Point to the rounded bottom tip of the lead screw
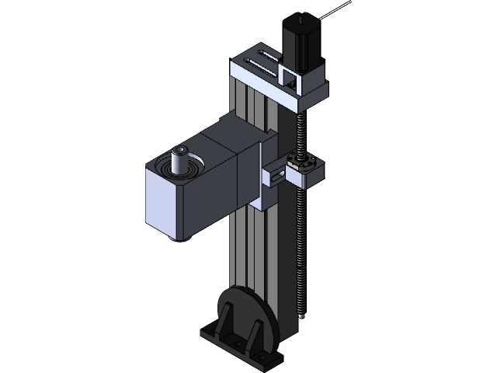[301, 315]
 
